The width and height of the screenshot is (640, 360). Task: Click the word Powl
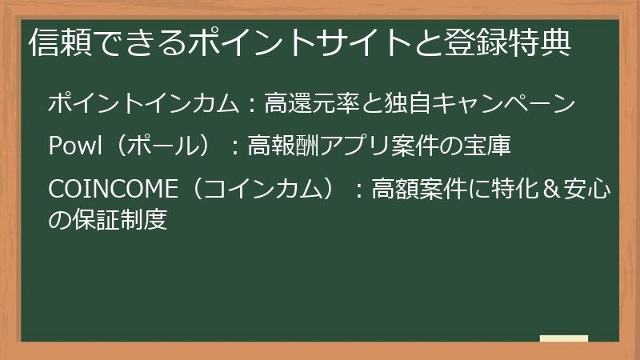pos(75,146)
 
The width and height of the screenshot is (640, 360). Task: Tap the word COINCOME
pos(110,190)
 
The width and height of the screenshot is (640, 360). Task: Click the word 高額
pos(397,190)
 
